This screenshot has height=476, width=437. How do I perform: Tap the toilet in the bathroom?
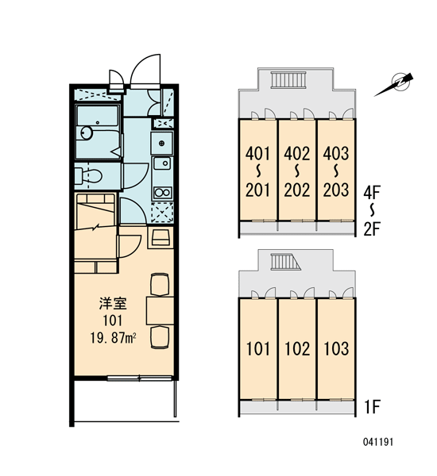pyautogui.click(x=90, y=176)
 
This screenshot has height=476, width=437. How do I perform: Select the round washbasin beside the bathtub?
pyautogui.click(x=87, y=133)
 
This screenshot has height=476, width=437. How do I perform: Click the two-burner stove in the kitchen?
pyautogui.click(x=162, y=193)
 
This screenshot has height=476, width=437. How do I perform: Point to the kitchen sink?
pyautogui.click(x=162, y=163)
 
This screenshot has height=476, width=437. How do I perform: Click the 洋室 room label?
pyautogui.click(x=113, y=304)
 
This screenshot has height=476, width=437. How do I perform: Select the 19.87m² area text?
pyautogui.click(x=113, y=338)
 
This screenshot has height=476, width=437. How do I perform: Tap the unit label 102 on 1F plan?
pyautogui.click(x=297, y=349)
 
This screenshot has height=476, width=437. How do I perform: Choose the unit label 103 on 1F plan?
pyautogui.click(x=336, y=349)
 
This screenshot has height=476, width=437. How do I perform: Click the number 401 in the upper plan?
pyautogui.click(x=258, y=154)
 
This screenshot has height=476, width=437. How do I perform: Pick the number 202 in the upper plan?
pyautogui.click(x=297, y=190)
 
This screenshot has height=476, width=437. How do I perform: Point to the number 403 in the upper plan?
pyautogui.click(x=336, y=154)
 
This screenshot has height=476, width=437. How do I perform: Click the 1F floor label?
pyautogui.click(x=372, y=407)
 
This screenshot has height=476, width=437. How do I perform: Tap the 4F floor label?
pyautogui.click(x=372, y=193)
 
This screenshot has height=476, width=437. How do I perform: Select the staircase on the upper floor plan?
pyautogui.click(x=288, y=80)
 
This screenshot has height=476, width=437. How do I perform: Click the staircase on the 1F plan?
pyautogui.click(x=285, y=262)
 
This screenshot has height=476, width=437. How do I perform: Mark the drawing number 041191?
pyautogui.click(x=378, y=442)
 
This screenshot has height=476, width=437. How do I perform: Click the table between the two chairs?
pyautogui.click(x=160, y=311)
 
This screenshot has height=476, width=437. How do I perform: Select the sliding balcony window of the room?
pyautogui.click(x=140, y=378)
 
